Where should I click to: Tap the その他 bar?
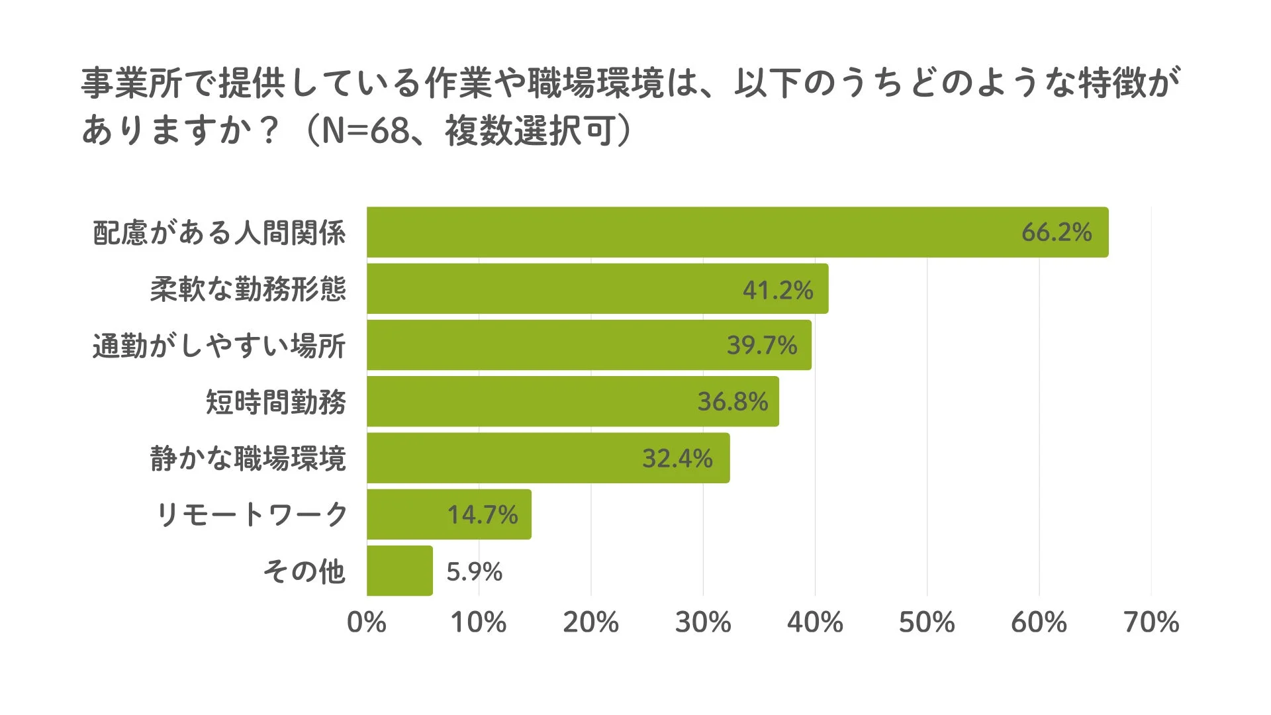399,571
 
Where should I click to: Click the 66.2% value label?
1056,232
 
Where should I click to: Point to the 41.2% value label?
777,290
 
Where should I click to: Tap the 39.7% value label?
761,346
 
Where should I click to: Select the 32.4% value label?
677,458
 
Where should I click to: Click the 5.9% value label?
474,571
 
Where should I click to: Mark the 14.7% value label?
482,514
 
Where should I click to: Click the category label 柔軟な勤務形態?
248,289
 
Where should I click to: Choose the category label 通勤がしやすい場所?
218,346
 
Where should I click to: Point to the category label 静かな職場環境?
248,458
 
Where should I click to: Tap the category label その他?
304,571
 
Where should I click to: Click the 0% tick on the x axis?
366,622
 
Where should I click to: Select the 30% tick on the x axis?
702,622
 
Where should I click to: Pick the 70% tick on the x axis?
1151,622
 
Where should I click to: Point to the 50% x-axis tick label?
926,622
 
